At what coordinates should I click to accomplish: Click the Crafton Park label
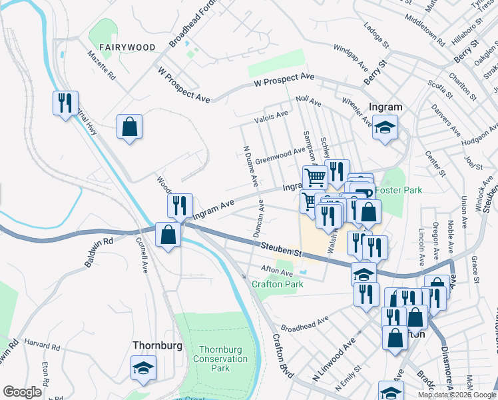tap(277, 284)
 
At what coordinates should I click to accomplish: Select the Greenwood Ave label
tap(280, 155)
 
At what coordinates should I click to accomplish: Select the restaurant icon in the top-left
tap(65, 103)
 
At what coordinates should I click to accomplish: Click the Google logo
tap(22, 392)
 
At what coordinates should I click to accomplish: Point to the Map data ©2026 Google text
tap(457, 395)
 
